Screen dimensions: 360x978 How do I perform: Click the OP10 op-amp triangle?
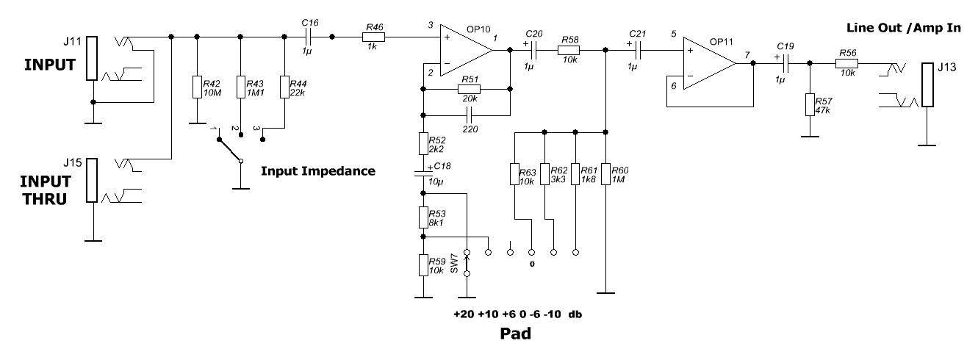[464, 50]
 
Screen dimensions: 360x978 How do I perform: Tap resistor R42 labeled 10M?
[197, 87]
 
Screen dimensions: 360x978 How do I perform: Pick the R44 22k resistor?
[284, 87]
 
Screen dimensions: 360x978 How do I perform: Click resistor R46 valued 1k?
[373, 35]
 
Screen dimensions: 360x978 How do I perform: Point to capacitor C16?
[309, 35]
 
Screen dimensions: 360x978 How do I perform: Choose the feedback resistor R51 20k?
[468, 89]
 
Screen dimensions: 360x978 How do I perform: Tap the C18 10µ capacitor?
[423, 174]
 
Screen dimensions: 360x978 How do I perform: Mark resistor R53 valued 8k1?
[423, 217]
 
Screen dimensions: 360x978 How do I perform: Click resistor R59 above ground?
[423, 264]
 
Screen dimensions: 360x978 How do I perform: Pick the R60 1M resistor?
[605, 175]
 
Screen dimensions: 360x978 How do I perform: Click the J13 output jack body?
[928, 85]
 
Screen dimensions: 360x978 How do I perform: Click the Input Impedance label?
[318, 171]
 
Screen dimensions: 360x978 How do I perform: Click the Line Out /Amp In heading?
[905, 27]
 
